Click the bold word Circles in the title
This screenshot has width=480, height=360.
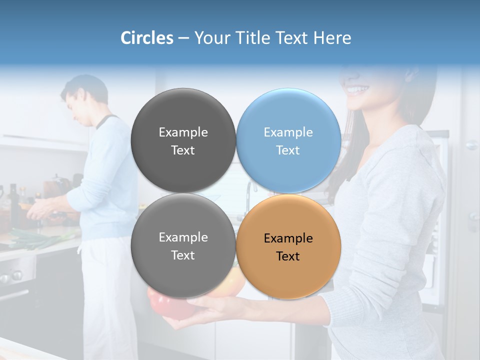coord(146,38)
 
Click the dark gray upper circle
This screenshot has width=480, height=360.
coord(183,140)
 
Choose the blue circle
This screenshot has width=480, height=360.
coord(288,140)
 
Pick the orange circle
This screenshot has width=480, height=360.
coord(288,246)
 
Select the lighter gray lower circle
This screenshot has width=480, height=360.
coord(183,246)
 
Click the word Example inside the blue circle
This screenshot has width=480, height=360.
coord(288,132)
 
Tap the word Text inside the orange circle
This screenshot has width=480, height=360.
coord(288,256)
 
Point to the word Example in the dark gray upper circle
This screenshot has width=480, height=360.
coord(183,132)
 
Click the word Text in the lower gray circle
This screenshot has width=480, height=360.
coord(183,255)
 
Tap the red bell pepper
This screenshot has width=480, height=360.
coord(165,305)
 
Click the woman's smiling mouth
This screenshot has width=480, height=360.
coord(358,90)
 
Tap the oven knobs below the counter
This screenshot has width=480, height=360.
coord(12,275)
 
